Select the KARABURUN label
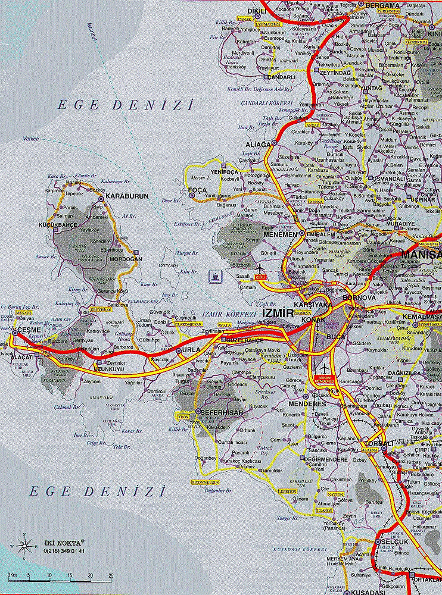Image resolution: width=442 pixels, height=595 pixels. click(x=127, y=196)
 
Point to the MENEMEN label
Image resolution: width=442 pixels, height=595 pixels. click(x=284, y=234)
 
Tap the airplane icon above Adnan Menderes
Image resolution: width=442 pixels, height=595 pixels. click(x=323, y=367)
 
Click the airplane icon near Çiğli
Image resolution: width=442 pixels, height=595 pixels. click(x=260, y=269)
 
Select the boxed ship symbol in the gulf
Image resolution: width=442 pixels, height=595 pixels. click(x=213, y=275)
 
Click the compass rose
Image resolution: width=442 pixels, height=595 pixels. click(x=25, y=544)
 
